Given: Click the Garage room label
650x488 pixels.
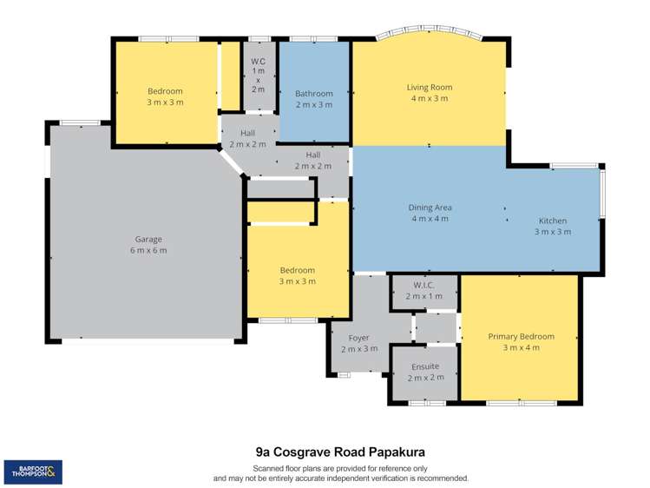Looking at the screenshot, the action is pos(148,240).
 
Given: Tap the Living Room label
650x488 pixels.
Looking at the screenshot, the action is pos(430,87).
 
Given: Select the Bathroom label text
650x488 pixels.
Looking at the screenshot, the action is pos(314,94).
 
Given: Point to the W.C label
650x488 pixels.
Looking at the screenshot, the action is pos(258,62).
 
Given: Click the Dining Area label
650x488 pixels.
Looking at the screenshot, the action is pos(430,208).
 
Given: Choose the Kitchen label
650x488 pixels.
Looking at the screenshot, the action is pos(553,221).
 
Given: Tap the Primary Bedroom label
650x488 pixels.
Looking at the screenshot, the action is pos(521,336).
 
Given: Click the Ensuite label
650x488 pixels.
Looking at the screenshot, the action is pos(425,366).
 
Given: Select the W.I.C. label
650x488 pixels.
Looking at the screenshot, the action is pos(423,286).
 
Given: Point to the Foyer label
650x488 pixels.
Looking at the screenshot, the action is pos(358,338).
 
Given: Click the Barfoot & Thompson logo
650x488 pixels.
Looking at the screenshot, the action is pos(33,472).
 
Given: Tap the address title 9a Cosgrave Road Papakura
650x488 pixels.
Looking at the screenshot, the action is pos(340,452).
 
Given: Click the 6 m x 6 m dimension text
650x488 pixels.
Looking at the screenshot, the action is pos(148,250).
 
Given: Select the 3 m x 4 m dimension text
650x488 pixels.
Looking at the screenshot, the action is pos(521,347).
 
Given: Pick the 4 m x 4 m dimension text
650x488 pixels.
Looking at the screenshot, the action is pos(430,219).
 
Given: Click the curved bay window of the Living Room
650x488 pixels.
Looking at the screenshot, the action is pos(430,30).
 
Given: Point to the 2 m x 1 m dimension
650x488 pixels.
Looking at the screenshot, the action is pos(424,296).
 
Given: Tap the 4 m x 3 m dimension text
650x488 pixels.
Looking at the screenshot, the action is pos(430,98).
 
